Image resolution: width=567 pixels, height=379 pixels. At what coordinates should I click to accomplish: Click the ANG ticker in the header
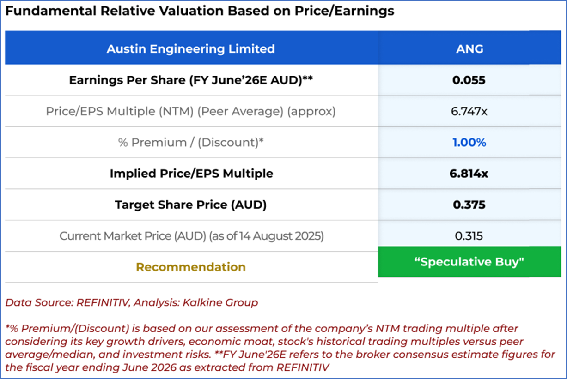[469, 48]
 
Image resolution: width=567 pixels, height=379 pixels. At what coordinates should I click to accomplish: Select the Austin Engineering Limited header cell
[190, 48]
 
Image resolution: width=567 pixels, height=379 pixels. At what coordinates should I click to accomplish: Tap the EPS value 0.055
[469, 80]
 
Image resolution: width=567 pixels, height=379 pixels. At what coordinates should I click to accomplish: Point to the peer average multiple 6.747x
[469, 111]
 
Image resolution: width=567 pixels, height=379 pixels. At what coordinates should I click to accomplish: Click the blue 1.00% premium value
[469, 143]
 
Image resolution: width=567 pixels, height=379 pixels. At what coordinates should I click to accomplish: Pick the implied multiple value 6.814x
[469, 174]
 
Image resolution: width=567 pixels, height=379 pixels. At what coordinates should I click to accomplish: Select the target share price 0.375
[469, 205]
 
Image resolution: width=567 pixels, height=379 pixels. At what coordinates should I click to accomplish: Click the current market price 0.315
[469, 236]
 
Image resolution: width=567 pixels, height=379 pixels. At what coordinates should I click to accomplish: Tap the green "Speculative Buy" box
[469, 262]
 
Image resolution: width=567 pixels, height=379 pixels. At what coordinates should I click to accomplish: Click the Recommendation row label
[191, 267]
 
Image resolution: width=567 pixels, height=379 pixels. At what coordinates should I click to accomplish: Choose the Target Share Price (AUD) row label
[191, 205]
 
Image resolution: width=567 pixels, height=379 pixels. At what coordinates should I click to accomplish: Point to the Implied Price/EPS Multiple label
[191, 174]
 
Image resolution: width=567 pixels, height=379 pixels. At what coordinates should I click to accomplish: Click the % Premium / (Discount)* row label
[191, 143]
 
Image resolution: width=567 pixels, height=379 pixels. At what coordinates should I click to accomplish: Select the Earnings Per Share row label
[191, 80]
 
